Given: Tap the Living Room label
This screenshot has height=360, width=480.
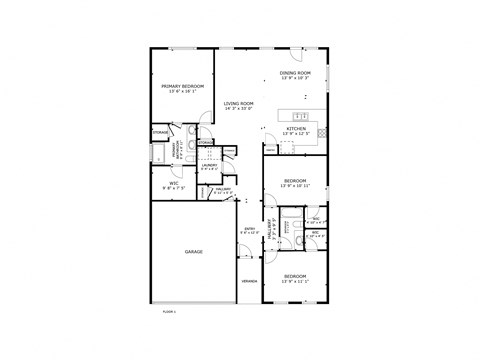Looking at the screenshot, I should pos(238,106).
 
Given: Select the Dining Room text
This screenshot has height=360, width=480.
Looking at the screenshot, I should pos(296,75).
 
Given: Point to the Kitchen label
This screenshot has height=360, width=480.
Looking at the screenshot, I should pos(297,131).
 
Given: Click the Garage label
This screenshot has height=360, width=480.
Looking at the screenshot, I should pos(194,252).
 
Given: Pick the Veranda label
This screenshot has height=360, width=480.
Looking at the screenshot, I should pos(249,281).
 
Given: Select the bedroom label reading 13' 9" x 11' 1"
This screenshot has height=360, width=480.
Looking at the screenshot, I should pos(295,277).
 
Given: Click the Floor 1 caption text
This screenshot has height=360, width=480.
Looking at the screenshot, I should pos(169,312).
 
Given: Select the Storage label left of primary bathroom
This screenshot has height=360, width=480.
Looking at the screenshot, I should pos(159,132).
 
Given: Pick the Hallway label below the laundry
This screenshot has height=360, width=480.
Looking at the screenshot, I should pos(223,191).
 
